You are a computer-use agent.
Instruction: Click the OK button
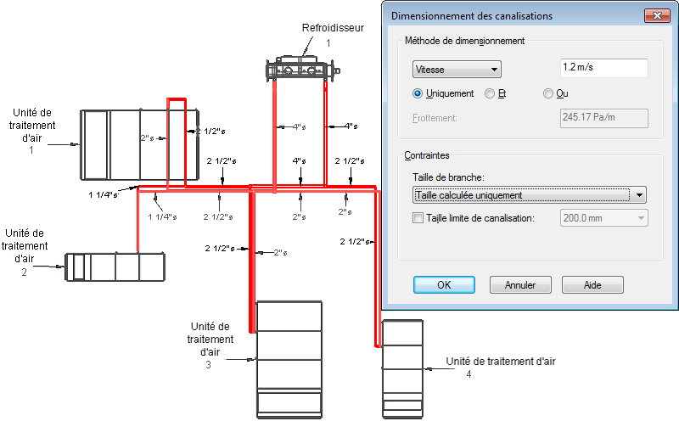[x=443, y=285]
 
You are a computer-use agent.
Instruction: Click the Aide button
[x=592, y=285]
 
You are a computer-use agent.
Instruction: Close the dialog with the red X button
[x=655, y=15]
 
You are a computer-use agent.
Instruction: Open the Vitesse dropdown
[x=457, y=70]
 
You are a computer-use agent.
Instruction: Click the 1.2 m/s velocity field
[x=604, y=69]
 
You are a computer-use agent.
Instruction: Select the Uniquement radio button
[x=417, y=93]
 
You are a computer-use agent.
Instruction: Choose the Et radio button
[x=490, y=93]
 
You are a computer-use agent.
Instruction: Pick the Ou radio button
[x=548, y=93]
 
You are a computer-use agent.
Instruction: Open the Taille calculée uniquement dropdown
[x=529, y=194]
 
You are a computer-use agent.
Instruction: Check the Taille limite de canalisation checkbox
[x=417, y=218]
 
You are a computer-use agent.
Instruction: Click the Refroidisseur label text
[x=333, y=28]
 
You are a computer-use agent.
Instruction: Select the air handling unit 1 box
[x=139, y=144]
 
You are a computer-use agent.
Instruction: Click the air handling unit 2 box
[x=115, y=266]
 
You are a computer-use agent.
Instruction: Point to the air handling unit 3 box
[x=289, y=356]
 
